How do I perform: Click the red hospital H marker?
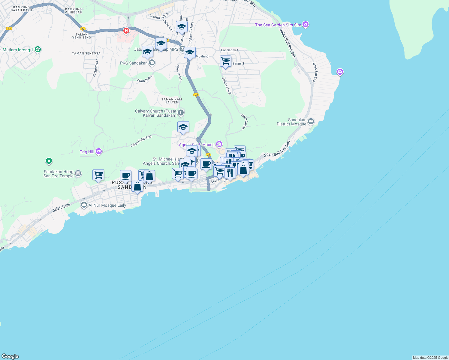pyautogui.click(x=126, y=31)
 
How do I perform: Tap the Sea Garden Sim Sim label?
pyautogui.click(x=278, y=25)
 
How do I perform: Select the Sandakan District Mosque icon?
pyautogui.click(x=311, y=121)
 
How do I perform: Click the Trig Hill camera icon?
pyautogui.click(x=99, y=152)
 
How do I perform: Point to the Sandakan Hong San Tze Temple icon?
pyautogui.click(x=78, y=173)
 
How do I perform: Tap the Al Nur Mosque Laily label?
pyautogui.click(x=107, y=205)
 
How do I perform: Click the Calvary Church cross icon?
pyautogui.click(x=180, y=113)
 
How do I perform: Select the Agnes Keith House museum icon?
pyautogui.click(x=219, y=145)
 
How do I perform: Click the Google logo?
pyautogui.click(x=10, y=356)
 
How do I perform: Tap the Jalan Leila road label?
pyautogui.click(x=62, y=208)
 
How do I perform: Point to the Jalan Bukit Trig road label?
pyautogui.click(x=141, y=141)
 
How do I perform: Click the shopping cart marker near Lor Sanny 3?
pyautogui.click(x=225, y=61)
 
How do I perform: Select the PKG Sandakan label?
pyautogui.click(x=134, y=63)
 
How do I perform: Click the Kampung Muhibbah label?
pyautogui.click(x=73, y=11)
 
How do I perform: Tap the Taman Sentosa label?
pyautogui.click(x=86, y=53)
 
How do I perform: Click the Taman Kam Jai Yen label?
pyautogui.click(x=172, y=101)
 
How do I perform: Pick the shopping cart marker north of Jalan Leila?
pyautogui.click(x=98, y=175)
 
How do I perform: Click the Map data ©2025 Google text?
pyautogui.click(x=430, y=358)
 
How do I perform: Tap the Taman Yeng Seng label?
pyautogui.click(x=82, y=36)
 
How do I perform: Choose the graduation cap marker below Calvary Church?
pyautogui.click(x=183, y=127)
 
